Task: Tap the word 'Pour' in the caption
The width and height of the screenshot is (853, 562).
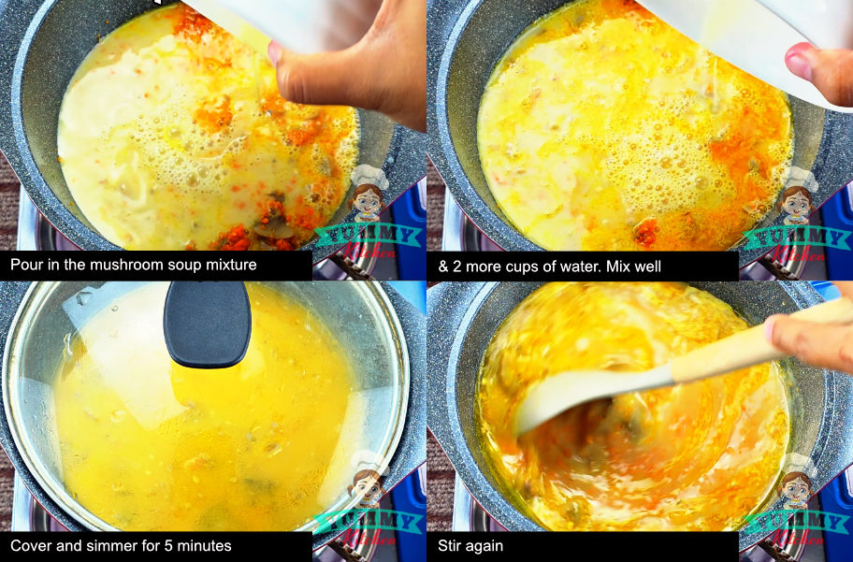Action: (x=26, y=266)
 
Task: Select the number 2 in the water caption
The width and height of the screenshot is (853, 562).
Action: (x=456, y=267)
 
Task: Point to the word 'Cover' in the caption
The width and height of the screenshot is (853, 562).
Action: (x=31, y=546)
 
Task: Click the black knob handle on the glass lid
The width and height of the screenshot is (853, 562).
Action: (x=207, y=323)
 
